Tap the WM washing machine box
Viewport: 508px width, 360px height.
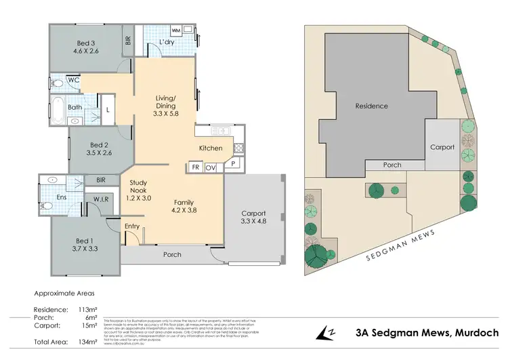coord(175,31)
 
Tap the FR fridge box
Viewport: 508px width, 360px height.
coord(195,166)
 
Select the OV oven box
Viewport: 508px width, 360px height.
coord(211,166)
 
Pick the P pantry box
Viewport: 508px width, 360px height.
coord(232,163)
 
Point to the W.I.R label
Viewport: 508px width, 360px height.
coord(92,199)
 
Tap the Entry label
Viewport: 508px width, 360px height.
coord(132,226)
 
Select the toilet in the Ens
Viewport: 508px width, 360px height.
coord(47,204)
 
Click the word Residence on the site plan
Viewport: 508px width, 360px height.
coord(373,106)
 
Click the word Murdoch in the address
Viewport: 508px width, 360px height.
coord(474,332)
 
